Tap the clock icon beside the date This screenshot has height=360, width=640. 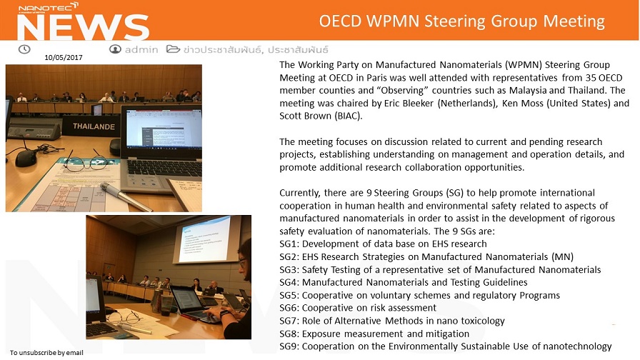[x=24, y=49]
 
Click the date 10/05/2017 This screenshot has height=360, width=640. [x=62, y=58]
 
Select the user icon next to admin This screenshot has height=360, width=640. [x=115, y=49]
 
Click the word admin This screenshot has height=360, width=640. [x=141, y=50]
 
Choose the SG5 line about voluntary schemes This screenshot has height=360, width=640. [x=419, y=296]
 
